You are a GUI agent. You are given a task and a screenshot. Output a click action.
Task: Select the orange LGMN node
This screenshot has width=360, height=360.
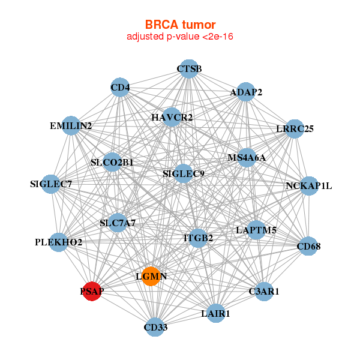tap(151, 276)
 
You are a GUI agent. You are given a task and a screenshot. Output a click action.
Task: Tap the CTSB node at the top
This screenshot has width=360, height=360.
tap(189, 69)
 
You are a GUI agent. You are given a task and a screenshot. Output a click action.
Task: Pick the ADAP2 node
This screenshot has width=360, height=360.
tap(246, 92)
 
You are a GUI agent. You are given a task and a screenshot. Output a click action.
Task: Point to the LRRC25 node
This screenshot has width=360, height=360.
tap(295, 128)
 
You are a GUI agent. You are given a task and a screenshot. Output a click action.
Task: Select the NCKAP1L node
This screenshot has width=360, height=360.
tap(309, 185)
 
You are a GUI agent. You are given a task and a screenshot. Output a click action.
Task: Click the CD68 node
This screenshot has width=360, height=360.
tap(309, 246)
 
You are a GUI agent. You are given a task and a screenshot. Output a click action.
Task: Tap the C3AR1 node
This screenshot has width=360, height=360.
tap(264, 291)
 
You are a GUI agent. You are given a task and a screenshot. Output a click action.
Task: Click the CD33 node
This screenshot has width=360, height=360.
tap(155, 327)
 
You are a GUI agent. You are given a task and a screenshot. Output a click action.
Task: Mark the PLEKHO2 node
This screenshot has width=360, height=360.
tap(58, 242)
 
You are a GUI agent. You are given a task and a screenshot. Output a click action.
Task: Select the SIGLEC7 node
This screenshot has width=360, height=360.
tap(51, 184)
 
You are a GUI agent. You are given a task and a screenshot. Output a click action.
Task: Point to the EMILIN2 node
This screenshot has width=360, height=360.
tap(71, 125)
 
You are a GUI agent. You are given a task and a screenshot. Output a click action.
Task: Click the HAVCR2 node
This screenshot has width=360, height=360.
tap(172, 116)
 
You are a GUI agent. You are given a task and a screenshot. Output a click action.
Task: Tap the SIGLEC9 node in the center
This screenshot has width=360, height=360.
tap(184, 174)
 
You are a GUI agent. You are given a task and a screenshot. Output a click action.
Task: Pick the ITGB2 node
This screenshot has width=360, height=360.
tap(198, 238)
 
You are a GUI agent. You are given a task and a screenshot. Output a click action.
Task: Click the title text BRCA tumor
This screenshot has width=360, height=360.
tap(179, 25)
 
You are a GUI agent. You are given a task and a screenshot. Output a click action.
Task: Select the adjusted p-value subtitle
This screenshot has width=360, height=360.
tap(179, 37)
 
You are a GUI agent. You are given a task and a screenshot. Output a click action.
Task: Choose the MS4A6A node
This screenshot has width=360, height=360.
tap(247, 158)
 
